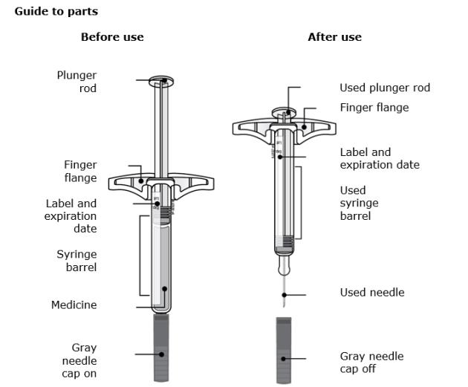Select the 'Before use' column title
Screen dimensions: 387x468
112,37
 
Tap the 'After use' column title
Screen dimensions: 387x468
334,37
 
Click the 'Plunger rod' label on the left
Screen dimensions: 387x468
77,82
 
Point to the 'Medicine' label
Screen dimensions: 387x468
74,305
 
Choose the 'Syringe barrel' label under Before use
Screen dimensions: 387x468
77,260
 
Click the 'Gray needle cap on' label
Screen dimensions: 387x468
79,360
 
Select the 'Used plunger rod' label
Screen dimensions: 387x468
384,88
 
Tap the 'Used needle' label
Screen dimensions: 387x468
372,293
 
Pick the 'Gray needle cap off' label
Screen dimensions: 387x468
371,362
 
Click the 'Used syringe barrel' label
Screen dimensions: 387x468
359,203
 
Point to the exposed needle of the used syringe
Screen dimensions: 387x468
284,293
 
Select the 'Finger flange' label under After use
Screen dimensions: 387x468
374,108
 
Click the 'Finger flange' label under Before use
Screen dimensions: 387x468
79,172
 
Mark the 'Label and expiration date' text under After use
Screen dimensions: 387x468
380,158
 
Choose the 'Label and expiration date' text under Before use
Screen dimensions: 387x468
71,215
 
